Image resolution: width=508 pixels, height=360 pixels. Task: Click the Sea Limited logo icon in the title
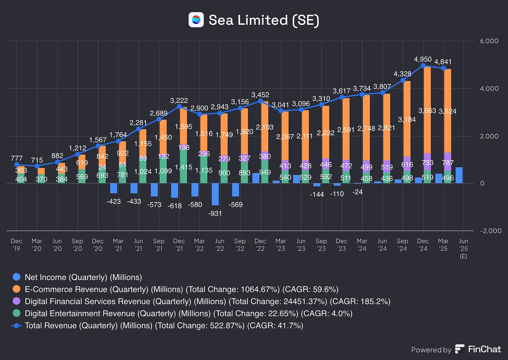point(196,20)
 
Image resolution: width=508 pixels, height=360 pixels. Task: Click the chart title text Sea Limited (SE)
point(264,20)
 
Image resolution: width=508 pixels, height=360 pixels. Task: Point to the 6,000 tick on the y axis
point(489,41)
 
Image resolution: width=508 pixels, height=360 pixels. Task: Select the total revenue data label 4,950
point(423,59)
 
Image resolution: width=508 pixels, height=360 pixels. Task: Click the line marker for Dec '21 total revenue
point(179,107)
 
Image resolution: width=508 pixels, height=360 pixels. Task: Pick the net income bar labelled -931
point(215,194)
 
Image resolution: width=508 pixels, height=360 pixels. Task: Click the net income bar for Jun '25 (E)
point(459,175)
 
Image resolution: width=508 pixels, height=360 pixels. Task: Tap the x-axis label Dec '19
point(16,245)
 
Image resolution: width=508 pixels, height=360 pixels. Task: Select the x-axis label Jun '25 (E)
point(463,248)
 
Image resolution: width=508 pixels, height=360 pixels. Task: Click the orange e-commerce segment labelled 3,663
point(427,110)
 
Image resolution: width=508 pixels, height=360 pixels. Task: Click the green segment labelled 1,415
point(184,167)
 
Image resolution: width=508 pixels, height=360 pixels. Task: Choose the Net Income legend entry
point(83,277)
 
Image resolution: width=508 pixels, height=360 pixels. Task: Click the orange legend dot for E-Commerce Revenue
point(16,290)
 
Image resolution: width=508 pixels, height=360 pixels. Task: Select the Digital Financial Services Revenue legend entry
point(207,301)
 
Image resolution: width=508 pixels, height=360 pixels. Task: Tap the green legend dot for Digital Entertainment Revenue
point(16,313)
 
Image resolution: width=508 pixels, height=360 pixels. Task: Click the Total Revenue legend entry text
point(164,325)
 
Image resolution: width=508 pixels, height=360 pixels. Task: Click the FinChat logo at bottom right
point(478,349)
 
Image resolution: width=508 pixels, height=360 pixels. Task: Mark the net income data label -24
point(358,192)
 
